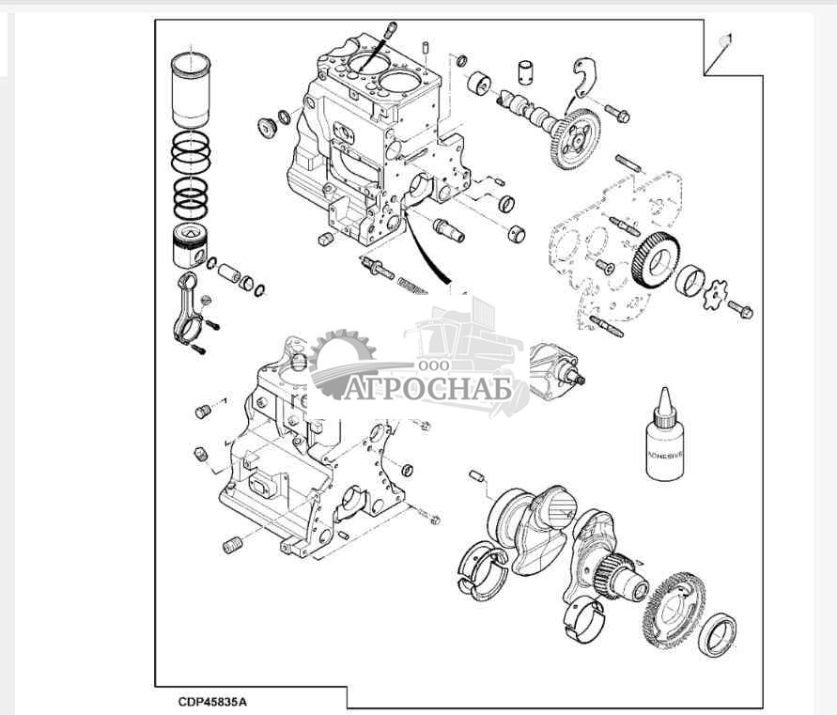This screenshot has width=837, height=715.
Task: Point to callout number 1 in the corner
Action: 725,39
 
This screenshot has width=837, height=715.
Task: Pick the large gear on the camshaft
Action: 574,140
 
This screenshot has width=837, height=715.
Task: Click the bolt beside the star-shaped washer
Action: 740,309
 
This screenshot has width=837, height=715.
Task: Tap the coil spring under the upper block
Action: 412,282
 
